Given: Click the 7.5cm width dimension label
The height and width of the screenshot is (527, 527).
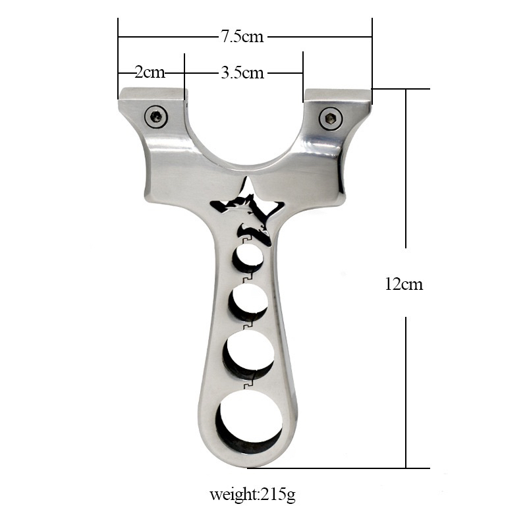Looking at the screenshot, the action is pos(242,36).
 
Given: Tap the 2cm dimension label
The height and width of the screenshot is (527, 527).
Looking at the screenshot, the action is pos(150,72).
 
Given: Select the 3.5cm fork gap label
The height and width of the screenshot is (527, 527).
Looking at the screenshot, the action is pos(242,72).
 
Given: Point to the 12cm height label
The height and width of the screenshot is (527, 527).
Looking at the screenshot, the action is pos(404,285).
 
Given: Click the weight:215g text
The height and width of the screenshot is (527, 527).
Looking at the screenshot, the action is pos(252,495).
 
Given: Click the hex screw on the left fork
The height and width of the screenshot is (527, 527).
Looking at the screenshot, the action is pos(156,117).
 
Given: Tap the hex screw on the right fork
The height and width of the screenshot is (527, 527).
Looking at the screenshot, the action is pos(331,119).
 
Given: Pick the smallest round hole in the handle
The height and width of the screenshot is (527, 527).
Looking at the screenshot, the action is pos(248,259).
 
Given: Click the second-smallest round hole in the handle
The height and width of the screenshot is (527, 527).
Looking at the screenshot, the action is pos(248,302).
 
